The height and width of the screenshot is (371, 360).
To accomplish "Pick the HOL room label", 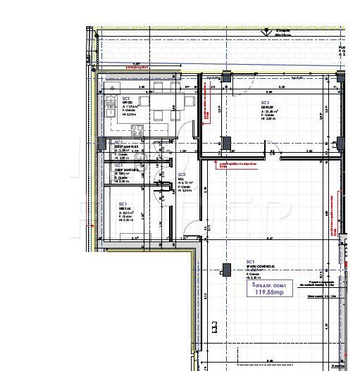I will tap(181, 179).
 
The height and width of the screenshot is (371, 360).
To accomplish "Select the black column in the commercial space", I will tap(226, 269).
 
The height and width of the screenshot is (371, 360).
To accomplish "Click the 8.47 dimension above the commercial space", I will tap(269, 239).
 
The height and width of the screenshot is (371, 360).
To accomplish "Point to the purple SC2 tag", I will tap(181, 174).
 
